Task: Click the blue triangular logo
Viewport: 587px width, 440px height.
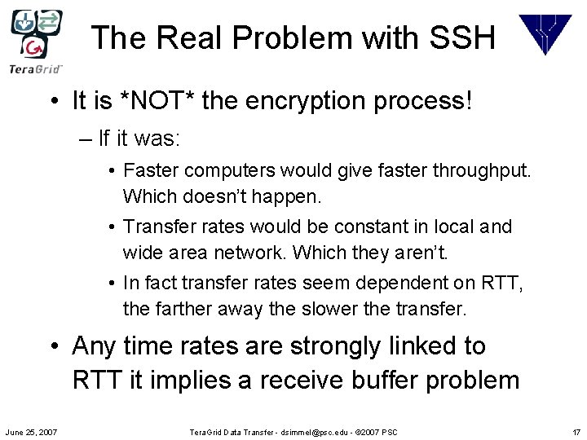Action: pyautogui.click(x=545, y=34)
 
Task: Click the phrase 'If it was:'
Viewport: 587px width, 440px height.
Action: pyautogui.click(x=138, y=139)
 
